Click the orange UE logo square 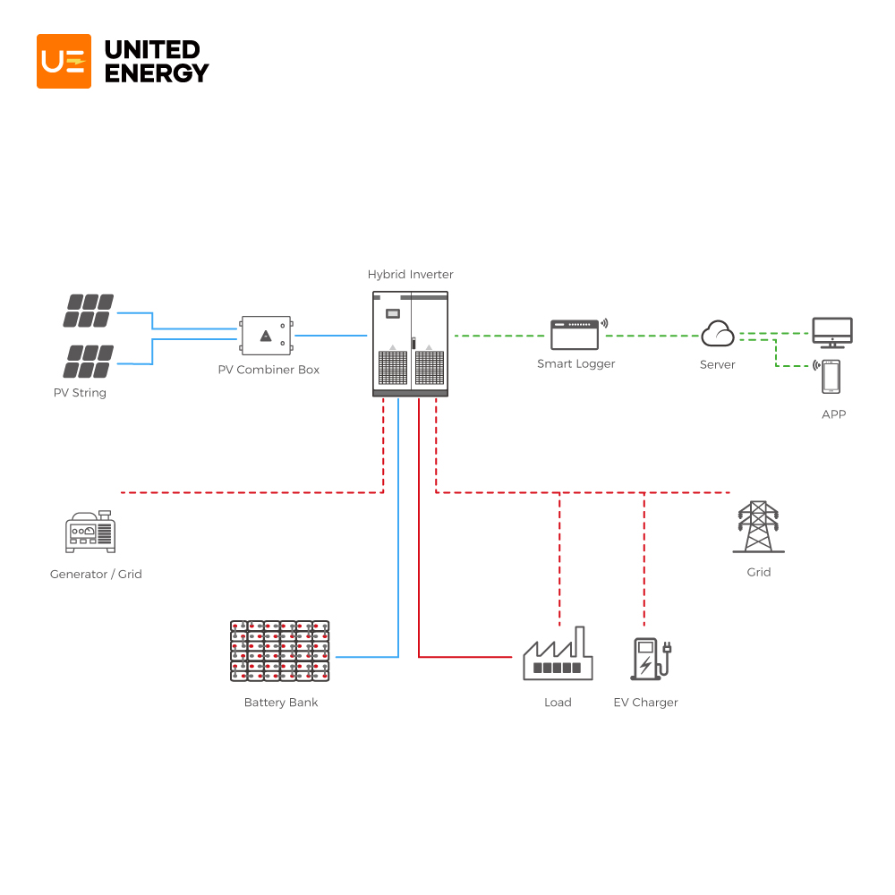pos(64,61)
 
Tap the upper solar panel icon pos(89,311)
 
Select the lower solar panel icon pos(89,361)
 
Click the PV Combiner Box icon pos(266,336)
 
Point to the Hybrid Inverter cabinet pos(410,344)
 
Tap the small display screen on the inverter pos(392,313)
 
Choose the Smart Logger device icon pos(575,335)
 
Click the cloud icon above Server pos(718,334)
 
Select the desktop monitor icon pos(831,332)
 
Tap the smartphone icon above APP pos(831,376)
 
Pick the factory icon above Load pos(558,654)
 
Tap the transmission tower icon pos(758,527)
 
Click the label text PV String pos(80,393)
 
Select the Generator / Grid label pos(96,574)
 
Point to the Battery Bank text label pos(281,703)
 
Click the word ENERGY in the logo pos(157,73)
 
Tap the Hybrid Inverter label pos(411,275)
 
